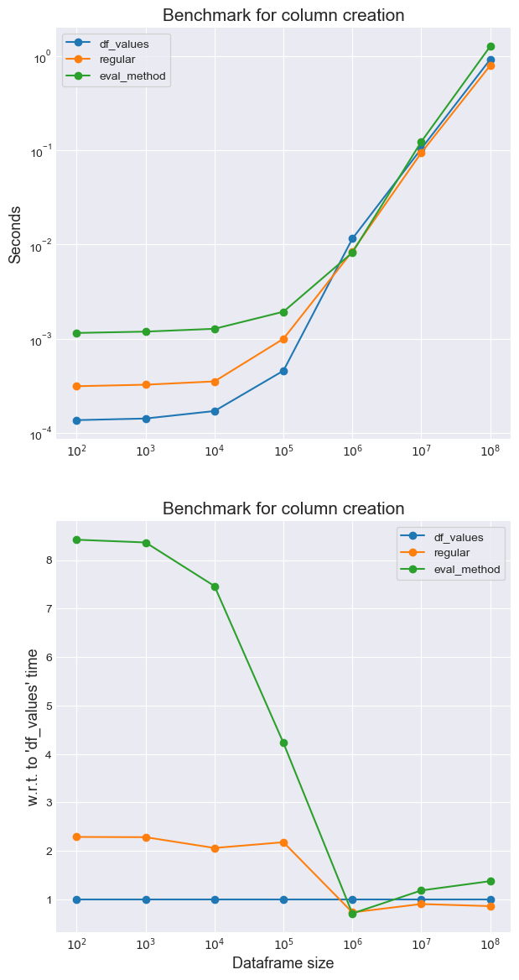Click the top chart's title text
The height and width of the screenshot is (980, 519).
(283, 15)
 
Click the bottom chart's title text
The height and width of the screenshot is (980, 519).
(283, 508)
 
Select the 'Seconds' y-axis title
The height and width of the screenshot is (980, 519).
(15, 235)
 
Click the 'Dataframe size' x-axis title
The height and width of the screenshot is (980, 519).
(283, 963)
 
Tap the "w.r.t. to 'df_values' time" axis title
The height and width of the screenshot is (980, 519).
(33, 727)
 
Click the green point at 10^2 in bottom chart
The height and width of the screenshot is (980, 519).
(77, 540)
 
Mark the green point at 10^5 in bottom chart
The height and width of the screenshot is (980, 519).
(283, 743)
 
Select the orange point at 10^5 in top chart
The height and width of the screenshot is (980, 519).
(283, 339)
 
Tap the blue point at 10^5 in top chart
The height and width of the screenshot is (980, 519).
(283, 371)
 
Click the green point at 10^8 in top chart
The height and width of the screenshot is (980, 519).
(490, 47)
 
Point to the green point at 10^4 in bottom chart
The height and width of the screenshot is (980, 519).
(215, 586)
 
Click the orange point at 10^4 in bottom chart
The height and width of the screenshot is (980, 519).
(215, 848)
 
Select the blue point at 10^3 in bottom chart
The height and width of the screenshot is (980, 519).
(146, 899)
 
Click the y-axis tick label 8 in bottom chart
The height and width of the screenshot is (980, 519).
(49, 560)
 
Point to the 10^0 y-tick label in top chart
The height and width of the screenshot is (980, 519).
(42, 57)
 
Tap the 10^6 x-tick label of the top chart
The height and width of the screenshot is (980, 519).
(352, 451)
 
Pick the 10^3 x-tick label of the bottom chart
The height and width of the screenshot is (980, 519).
(146, 944)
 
